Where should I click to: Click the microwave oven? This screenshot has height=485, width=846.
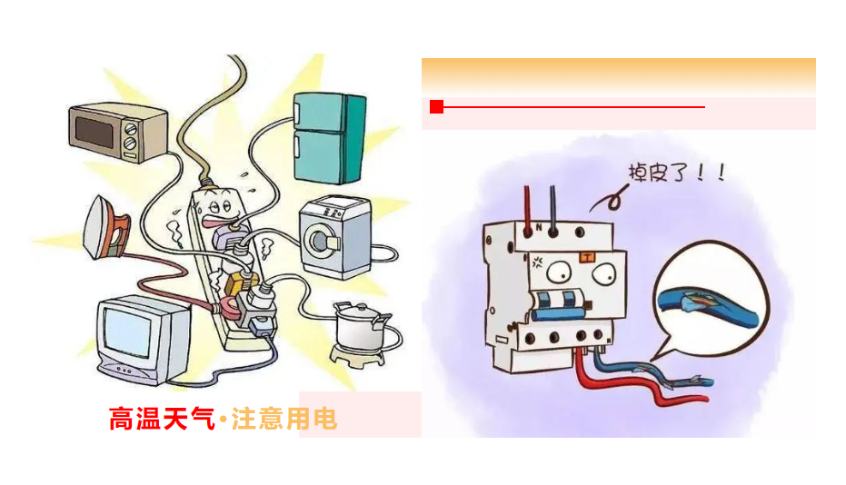tap(118, 130)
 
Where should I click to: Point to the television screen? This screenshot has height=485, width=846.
tap(126, 332)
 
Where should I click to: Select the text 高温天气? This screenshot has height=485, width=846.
tap(161, 419)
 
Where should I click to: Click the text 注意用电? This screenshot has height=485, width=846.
tap(284, 419)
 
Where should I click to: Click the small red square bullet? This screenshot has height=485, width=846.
tap(436, 107)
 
